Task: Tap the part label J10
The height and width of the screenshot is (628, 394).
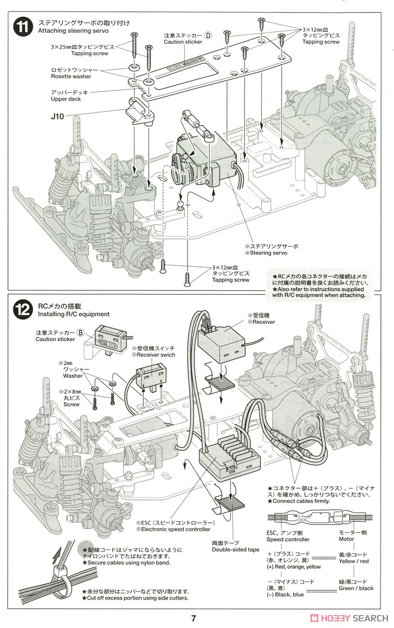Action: [57, 116]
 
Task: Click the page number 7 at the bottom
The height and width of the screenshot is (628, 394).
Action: [193, 618]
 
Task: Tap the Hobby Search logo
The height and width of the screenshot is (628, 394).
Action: [351, 618]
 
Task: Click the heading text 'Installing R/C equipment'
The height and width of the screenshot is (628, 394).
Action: [74, 314]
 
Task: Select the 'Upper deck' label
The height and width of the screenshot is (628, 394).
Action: [66, 99]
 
